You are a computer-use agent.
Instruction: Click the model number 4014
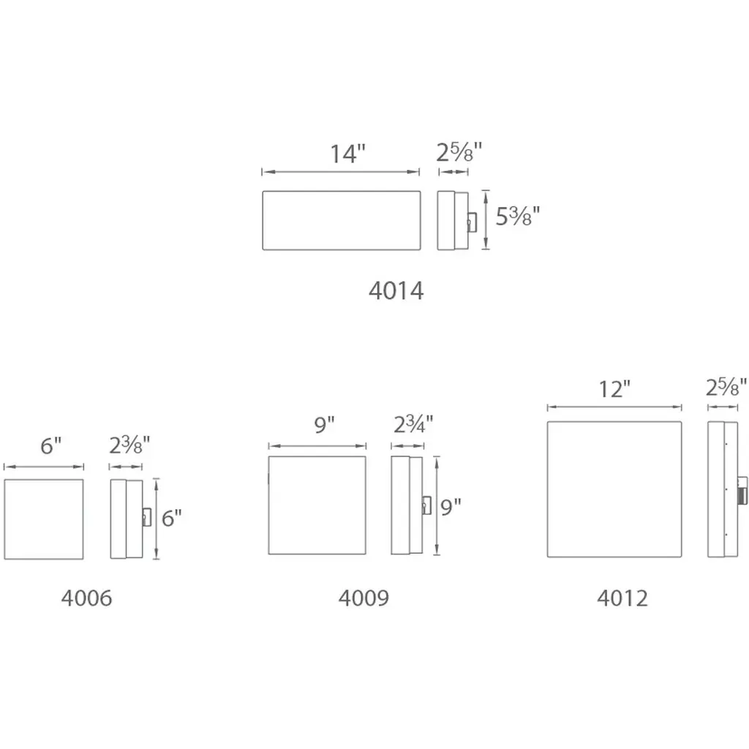click(396, 290)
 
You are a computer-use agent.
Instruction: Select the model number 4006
click(86, 598)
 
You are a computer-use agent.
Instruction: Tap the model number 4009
click(364, 598)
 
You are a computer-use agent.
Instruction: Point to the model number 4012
click(622, 598)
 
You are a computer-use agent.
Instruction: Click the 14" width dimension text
click(347, 154)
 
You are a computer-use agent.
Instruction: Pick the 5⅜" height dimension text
click(517, 216)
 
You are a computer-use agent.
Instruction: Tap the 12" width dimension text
click(614, 389)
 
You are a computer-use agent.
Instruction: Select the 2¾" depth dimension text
click(413, 424)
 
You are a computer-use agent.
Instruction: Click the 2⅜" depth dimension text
click(129, 445)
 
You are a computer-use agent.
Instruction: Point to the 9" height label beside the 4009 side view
click(451, 507)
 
